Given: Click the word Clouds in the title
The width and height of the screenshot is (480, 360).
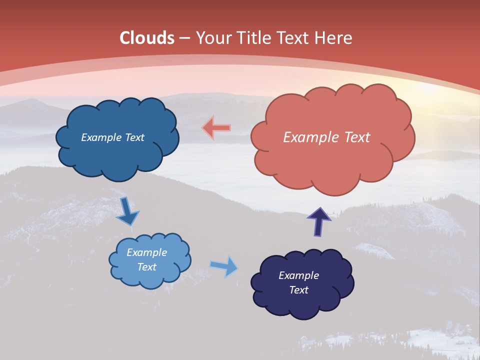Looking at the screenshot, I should click(147, 38).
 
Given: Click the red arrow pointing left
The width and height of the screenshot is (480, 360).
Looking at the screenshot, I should click(216, 128).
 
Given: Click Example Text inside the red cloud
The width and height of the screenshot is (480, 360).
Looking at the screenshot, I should click(326, 137).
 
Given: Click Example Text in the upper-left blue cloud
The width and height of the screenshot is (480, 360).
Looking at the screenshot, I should click(112, 137).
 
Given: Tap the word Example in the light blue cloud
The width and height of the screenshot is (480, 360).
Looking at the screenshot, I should click(147, 252).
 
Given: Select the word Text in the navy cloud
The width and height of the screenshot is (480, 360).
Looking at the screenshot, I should click(298, 290).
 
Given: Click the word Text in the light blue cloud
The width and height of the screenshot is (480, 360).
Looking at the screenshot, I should click(147, 267).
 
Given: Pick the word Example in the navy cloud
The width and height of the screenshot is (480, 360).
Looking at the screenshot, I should click(298, 275).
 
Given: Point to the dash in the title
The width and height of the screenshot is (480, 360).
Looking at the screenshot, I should click(184, 38).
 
